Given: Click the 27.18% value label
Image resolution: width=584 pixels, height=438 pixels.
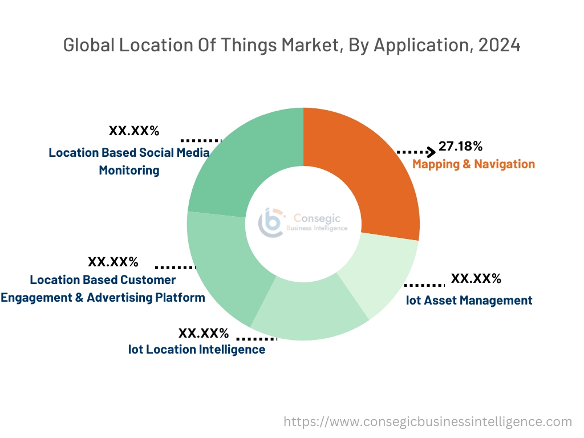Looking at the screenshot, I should [460, 147].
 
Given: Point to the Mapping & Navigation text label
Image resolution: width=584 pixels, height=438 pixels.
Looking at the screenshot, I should [473, 164].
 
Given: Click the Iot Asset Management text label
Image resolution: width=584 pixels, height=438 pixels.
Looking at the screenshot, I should [469, 300].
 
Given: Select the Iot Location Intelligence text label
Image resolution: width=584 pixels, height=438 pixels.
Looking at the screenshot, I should [197, 349].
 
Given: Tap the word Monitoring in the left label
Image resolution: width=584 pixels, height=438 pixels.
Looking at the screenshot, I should [129, 170].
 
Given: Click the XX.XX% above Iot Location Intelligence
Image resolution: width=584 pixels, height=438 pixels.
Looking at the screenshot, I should [204, 333].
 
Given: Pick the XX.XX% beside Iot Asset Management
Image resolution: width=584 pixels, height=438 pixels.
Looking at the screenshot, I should [476, 279].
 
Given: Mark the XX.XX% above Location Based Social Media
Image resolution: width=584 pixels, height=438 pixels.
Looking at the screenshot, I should [134, 131].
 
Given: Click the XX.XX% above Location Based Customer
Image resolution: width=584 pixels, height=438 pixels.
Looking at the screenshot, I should [113, 262].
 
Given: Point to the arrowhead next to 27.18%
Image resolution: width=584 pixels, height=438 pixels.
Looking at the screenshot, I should [432, 152].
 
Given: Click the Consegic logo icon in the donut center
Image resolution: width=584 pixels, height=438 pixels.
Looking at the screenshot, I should [270, 222].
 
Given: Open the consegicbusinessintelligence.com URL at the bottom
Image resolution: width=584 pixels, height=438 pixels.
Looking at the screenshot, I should [428, 422].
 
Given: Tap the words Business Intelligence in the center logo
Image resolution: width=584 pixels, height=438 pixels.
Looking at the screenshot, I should [317, 228].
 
